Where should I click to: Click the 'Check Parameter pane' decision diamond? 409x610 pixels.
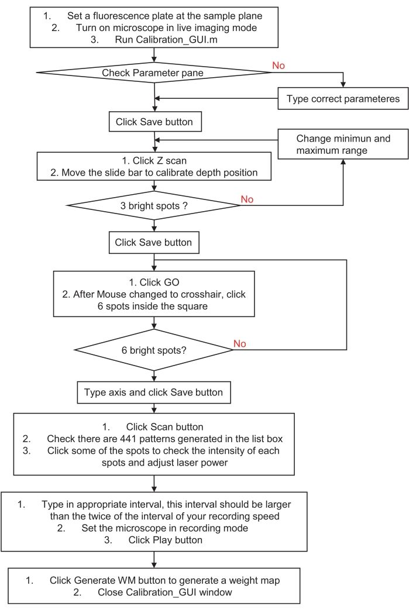[x=154, y=73]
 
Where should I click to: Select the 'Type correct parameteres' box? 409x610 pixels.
[x=343, y=99]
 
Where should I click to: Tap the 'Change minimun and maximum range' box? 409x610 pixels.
[x=343, y=144]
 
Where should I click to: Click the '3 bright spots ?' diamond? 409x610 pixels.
[x=154, y=205]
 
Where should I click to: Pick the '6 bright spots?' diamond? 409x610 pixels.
[x=154, y=351]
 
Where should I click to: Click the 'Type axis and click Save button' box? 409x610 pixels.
[x=153, y=392]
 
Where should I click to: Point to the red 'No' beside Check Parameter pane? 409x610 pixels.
[x=279, y=66]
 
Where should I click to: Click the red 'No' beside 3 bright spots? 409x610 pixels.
[x=247, y=199]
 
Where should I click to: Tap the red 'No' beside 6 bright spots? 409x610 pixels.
[x=240, y=343]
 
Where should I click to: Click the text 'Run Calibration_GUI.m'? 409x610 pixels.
[x=154, y=40]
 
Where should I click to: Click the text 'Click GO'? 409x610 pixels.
[x=154, y=282]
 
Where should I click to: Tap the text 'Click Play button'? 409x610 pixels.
[x=166, y=540]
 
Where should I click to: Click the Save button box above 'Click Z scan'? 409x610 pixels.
[x=154, y=122]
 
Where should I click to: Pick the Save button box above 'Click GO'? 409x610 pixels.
[x=153, y=242]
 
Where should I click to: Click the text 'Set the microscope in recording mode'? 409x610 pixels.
[x=165, y=528]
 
